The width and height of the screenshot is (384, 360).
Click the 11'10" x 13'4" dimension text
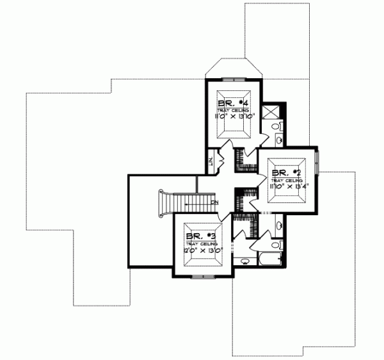(288, 187)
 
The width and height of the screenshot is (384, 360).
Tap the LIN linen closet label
(211, 162)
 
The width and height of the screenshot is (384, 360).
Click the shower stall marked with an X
(272, 110)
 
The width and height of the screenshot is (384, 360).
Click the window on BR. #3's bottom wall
(202, 276)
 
